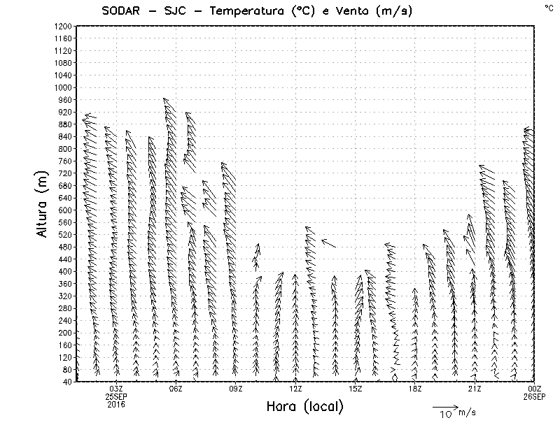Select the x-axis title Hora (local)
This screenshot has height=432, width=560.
(x=305, y=407)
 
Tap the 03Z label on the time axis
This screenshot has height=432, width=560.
(x=116, y=388)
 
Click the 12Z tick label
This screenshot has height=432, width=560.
(x=296, y=388)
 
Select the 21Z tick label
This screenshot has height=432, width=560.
(x=475, y=388)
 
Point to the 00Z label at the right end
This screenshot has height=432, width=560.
(x=535, y=388)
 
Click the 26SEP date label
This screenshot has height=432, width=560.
(x=534, y=396)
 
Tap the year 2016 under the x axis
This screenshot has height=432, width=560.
(x=116, y=403)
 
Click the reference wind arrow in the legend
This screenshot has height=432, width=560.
(x=444, y=406)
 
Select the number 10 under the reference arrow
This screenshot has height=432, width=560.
(x=445, y=415)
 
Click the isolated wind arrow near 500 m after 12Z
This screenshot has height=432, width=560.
(x=328, y=243)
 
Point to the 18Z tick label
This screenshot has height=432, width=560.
(x=415, y=388)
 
